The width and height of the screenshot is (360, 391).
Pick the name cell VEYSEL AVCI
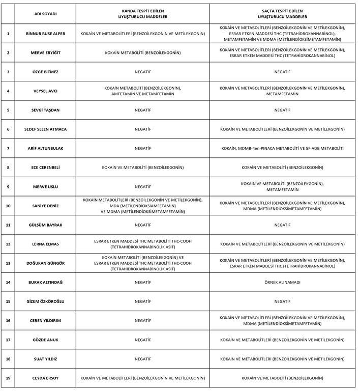46,91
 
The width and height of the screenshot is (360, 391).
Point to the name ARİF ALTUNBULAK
46,148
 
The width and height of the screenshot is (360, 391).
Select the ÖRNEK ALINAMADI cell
282,282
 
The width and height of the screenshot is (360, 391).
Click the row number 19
8,378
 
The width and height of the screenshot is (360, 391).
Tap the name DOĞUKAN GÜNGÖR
46,263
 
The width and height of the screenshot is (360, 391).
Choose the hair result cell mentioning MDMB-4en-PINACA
282,148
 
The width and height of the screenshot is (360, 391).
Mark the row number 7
8,148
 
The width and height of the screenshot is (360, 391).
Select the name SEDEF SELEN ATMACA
46,129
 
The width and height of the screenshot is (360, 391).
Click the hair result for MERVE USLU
282,186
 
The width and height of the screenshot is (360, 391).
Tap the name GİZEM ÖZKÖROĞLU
46,301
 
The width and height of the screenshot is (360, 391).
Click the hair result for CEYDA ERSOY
282,378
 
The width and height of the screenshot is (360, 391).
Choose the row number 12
8,244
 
